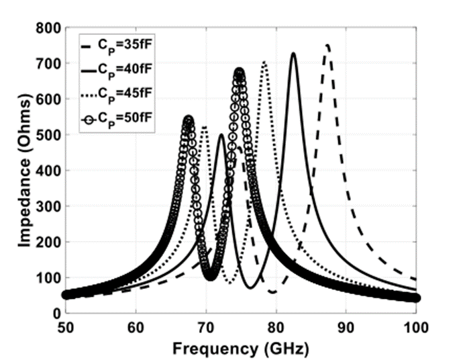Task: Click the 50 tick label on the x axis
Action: click(66, 327)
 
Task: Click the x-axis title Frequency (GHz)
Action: click(241, 348)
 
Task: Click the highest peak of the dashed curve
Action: click(327, 45)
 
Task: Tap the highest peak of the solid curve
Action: click(293, 53)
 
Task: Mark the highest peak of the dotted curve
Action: click(264, 62)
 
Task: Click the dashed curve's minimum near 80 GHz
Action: click(272, 292)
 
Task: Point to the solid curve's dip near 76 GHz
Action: click(250, 287)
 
